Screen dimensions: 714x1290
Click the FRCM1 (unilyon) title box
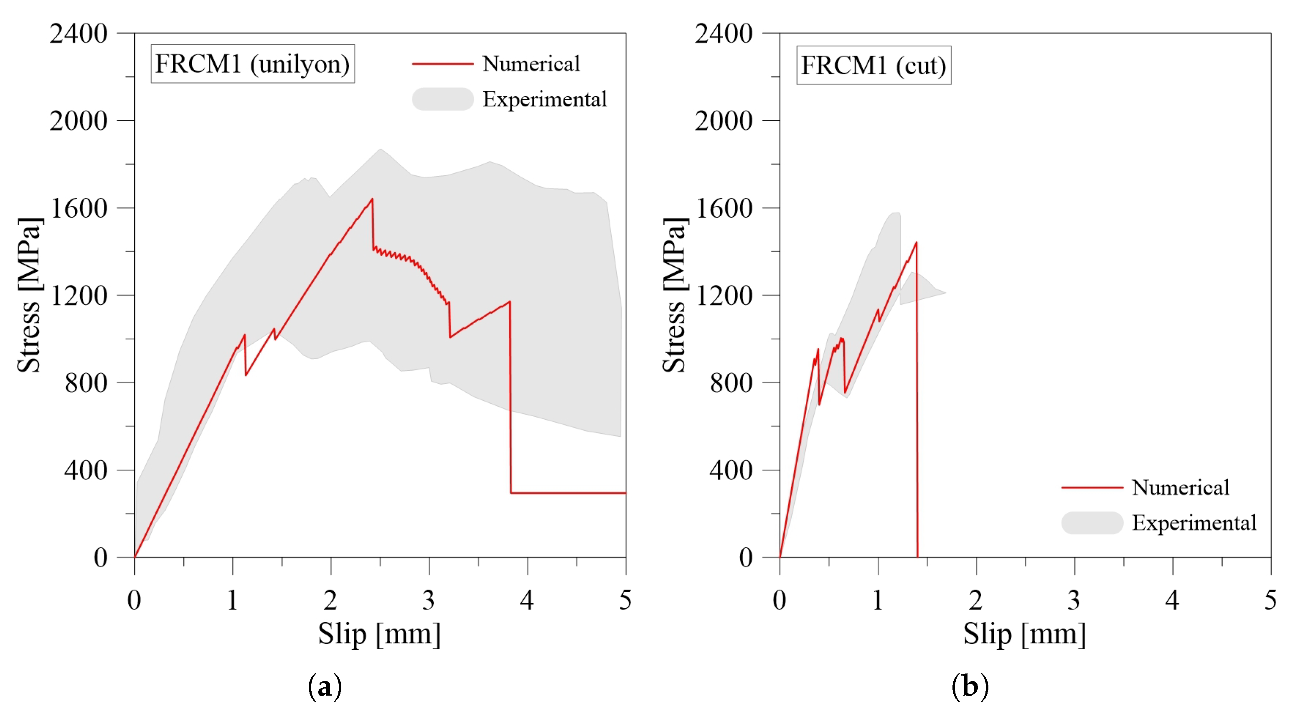click(252, 63)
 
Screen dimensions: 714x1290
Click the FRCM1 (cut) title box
click(874, 66)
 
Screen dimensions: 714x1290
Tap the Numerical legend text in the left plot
click(531, 63)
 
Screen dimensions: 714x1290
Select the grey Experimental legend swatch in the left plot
click(443, 99)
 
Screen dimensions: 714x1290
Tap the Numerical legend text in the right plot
click(1180, 487)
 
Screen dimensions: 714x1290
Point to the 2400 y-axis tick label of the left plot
click(79, 34)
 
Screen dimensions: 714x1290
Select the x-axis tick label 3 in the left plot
click(429, 600)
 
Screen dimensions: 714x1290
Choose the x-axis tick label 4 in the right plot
click(1172, 600)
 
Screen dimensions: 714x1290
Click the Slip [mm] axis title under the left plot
click(380, 634)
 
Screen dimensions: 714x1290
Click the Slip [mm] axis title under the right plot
click(1025, 634)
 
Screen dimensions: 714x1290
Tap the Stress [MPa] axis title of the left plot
click(29, 296)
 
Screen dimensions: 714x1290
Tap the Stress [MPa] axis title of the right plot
click(674, 296)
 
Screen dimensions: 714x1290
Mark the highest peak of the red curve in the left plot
click(372, 199)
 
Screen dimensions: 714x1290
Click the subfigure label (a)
click(325, 686)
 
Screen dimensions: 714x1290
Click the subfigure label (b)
click(970, 686)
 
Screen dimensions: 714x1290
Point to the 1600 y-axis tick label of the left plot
click(79, 208)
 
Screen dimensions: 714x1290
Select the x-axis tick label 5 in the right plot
click(1270, 600)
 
